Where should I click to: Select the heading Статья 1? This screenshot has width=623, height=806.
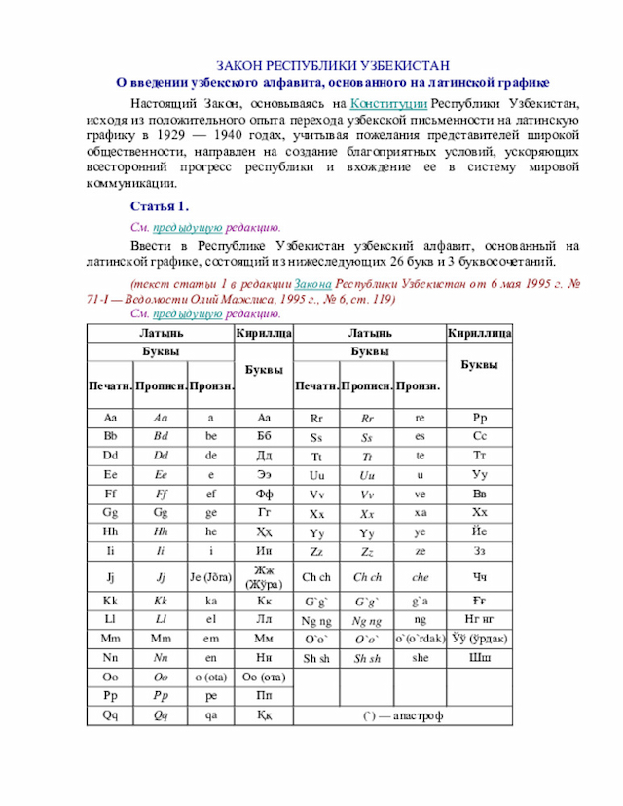click(159, 206)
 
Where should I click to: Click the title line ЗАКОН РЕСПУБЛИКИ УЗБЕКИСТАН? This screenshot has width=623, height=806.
click(332, 65)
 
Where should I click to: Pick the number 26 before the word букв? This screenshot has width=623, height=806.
click(431, 262)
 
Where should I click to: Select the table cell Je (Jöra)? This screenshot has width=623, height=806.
click(210, 576)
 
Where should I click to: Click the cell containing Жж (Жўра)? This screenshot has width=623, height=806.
click(264, 576)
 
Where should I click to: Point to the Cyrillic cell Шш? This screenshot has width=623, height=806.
click(480, 658)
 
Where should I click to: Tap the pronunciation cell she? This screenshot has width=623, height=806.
click(420, 658)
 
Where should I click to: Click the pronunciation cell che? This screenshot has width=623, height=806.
click(420, 576)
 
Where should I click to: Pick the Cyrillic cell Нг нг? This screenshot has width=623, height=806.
click(480, 618)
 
